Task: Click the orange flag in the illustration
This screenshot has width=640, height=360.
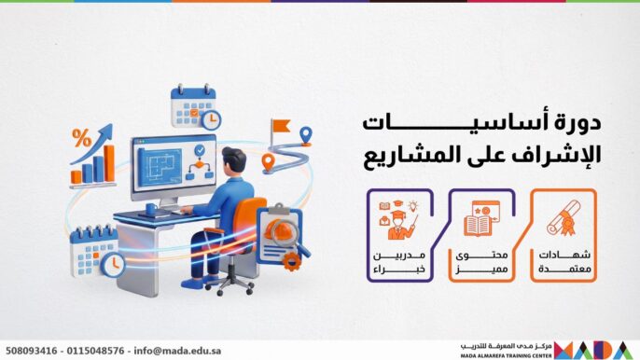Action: tap(279, 124)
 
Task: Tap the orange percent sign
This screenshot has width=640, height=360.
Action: tap(81, 138)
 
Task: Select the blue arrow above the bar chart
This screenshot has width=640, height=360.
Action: tap(93, 140)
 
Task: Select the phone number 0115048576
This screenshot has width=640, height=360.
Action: tap(97, 351)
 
